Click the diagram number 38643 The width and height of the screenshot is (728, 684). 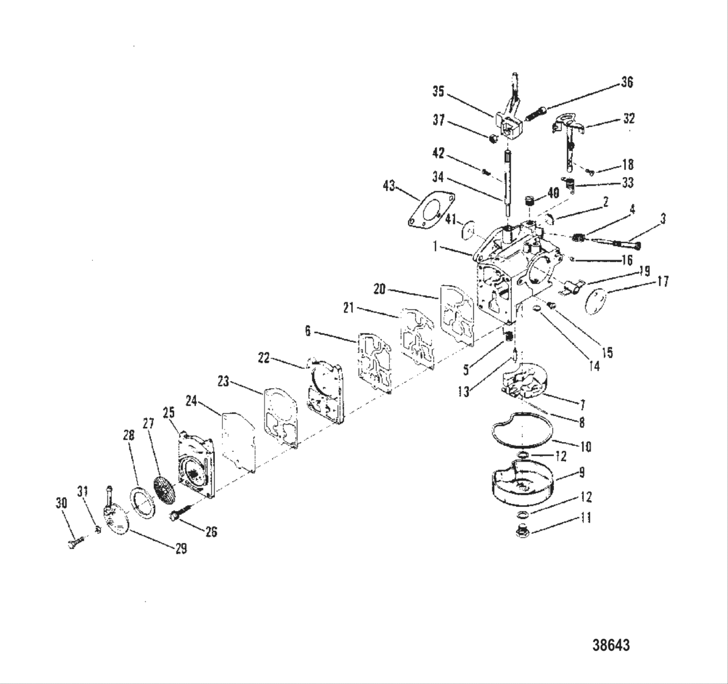611,646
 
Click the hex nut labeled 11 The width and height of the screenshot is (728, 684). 523,531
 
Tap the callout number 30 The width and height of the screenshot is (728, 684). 61,503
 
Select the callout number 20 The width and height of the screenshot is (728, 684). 379,289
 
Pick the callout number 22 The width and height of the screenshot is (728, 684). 263,358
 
